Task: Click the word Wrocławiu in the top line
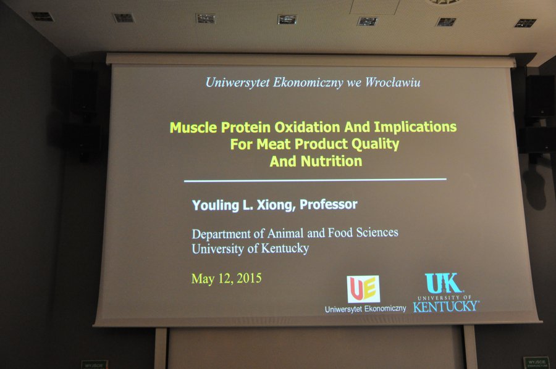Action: click(392, 83)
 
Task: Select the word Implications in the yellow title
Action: click(415, 127)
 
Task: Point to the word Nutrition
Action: click(331, 162)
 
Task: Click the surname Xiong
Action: click(276, 205)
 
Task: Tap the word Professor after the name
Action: click(329, 204)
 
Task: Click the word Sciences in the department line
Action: click(377, 232)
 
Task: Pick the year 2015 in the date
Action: click(249, 278)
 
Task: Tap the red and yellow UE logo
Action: click(363, 289)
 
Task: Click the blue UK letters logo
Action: click(443, 283)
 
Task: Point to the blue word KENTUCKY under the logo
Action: click(446, 306)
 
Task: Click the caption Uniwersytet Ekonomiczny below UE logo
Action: click(365, 309)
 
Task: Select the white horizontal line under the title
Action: click(315, 180)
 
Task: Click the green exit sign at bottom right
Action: click(536, 363)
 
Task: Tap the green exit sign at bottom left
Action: click(95, 365)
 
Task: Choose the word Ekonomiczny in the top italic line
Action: click(308, 83)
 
